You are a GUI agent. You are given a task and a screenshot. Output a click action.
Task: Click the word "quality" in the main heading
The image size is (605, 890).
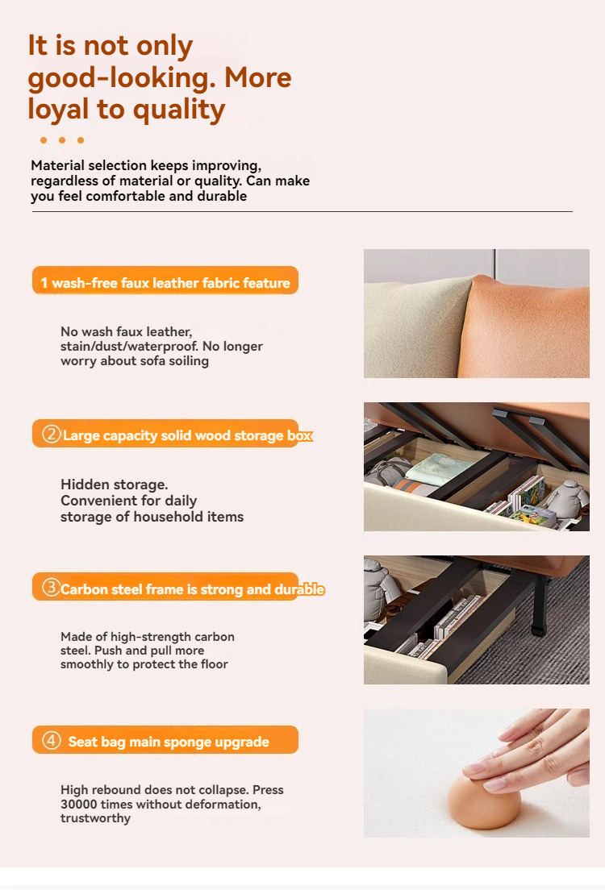click(180, 110)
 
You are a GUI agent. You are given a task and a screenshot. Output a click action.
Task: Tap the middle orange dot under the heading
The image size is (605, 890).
click(62, 140)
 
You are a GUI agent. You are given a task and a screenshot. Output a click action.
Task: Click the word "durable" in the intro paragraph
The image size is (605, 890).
click(222, 196)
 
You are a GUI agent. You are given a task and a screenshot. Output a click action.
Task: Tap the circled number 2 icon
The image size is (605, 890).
click(51, 435)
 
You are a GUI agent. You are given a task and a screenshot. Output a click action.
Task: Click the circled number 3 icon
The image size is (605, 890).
click(51, 588)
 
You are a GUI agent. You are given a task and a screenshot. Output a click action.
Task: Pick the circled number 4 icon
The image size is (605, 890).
click(51, 741)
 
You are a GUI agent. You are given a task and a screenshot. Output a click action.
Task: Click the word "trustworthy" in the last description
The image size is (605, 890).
click(95, 818)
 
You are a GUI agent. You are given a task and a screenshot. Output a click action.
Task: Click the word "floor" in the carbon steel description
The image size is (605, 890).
click(214, 664)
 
